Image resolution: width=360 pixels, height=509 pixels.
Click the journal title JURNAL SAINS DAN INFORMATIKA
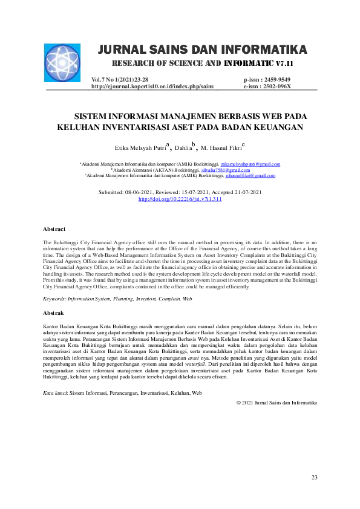(202, 49)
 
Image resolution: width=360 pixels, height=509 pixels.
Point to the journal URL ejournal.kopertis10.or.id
(152, 86)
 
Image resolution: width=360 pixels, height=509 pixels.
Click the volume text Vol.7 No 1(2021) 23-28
(120, 80)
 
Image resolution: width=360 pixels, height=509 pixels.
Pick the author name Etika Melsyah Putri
(140, 148)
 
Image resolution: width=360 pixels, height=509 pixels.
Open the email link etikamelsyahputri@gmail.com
(250, 164)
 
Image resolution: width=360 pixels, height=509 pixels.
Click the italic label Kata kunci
(55, 393)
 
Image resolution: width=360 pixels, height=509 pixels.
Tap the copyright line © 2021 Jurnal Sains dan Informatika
(277, 402)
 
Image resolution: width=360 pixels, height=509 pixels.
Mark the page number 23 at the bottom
(314, 478)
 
